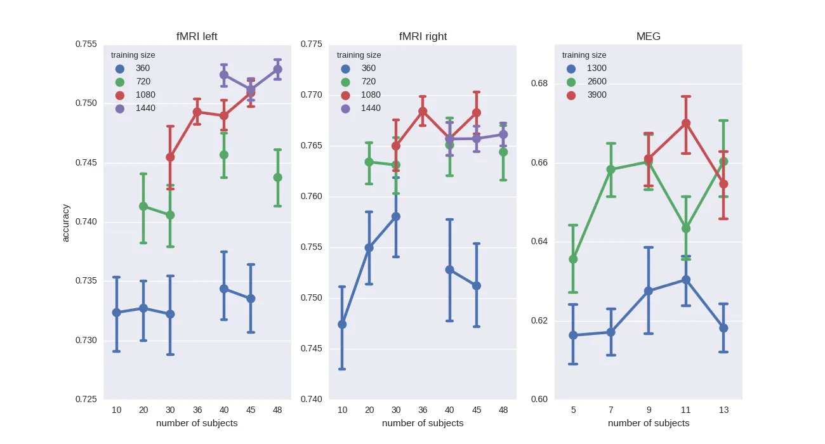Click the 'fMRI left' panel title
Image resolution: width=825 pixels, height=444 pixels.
[197, 36]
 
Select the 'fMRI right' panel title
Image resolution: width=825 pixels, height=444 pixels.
[423, 36]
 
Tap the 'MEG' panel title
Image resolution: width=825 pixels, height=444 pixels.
[648, 36]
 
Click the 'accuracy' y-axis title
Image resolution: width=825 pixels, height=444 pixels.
[66, 222]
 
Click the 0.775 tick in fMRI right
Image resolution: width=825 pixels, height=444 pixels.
[312, 44]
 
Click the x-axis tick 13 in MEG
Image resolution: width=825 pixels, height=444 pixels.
[723, 410]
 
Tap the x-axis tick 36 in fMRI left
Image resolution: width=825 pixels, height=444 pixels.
[197, 410]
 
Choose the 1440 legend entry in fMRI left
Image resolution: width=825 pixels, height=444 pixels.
[145, 108]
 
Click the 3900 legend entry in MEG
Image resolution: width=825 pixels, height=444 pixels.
[597, 95]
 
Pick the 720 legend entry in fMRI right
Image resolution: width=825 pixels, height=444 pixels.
[368, 82]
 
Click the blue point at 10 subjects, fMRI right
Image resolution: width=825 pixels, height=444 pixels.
[342, 324]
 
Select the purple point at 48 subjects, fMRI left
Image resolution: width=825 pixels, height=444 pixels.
[277, 69]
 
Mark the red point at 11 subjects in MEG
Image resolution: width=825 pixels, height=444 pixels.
[686, 123]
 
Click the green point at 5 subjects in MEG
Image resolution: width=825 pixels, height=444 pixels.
[573, 259]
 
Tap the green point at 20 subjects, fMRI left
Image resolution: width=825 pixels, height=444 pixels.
[143, 206]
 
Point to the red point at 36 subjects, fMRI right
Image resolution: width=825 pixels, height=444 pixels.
[423, 112]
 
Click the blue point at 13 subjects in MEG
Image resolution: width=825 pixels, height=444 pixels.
[723, 328]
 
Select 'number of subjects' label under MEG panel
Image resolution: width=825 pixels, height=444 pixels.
[648, 423]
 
